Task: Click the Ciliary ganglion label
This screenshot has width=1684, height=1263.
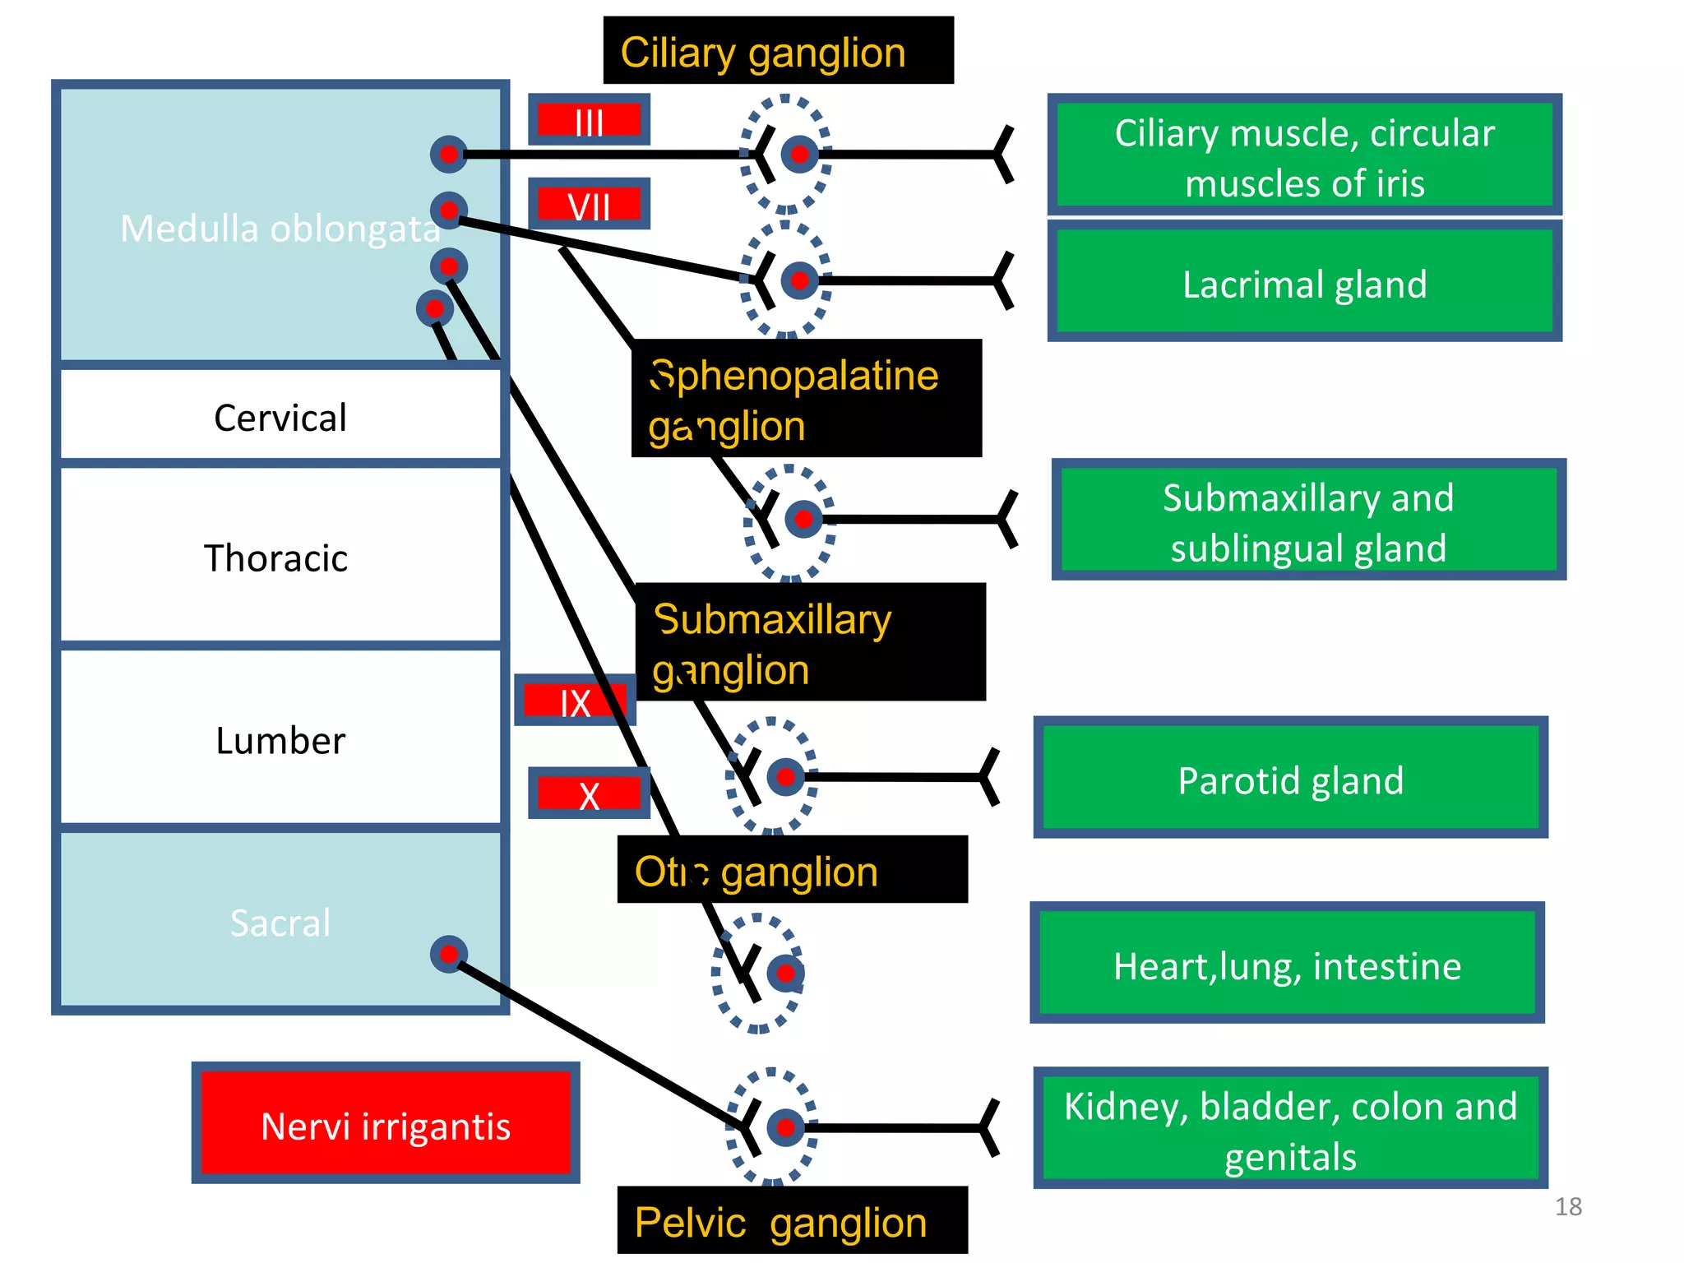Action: pos(778,51)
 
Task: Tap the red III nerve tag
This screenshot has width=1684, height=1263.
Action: pos(589,120)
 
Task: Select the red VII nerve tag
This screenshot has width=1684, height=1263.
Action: pos(589,204)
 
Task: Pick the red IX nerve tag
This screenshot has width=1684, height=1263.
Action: pos(575,701)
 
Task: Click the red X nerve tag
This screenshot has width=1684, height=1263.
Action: pos(589,793)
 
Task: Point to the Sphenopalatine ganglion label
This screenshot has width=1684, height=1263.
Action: pos(806,399)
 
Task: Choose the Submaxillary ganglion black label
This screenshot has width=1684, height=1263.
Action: pos(810,643)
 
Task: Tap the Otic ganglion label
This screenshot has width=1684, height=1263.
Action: pos(792,870)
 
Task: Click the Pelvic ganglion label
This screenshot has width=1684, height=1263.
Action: pos(792,1220)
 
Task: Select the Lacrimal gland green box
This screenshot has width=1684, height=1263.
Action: pos(1304,284)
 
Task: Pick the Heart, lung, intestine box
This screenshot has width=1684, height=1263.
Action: pos(1287,964)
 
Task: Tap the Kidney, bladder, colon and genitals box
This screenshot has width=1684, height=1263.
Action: pos(1290,1128)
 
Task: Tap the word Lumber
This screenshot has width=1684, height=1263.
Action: pos(280,740)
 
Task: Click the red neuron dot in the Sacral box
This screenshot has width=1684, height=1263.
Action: pos(449,954)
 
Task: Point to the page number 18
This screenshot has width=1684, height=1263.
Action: pos(1568,1206)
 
